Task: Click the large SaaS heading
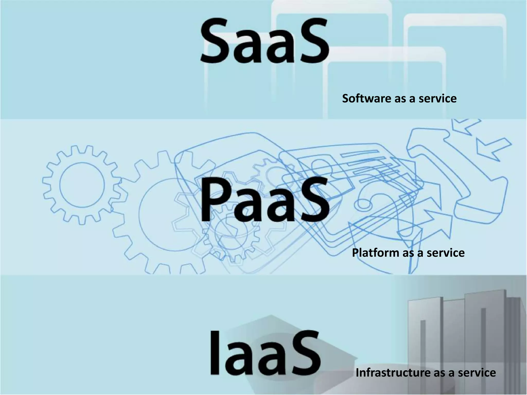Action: (264, 41)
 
